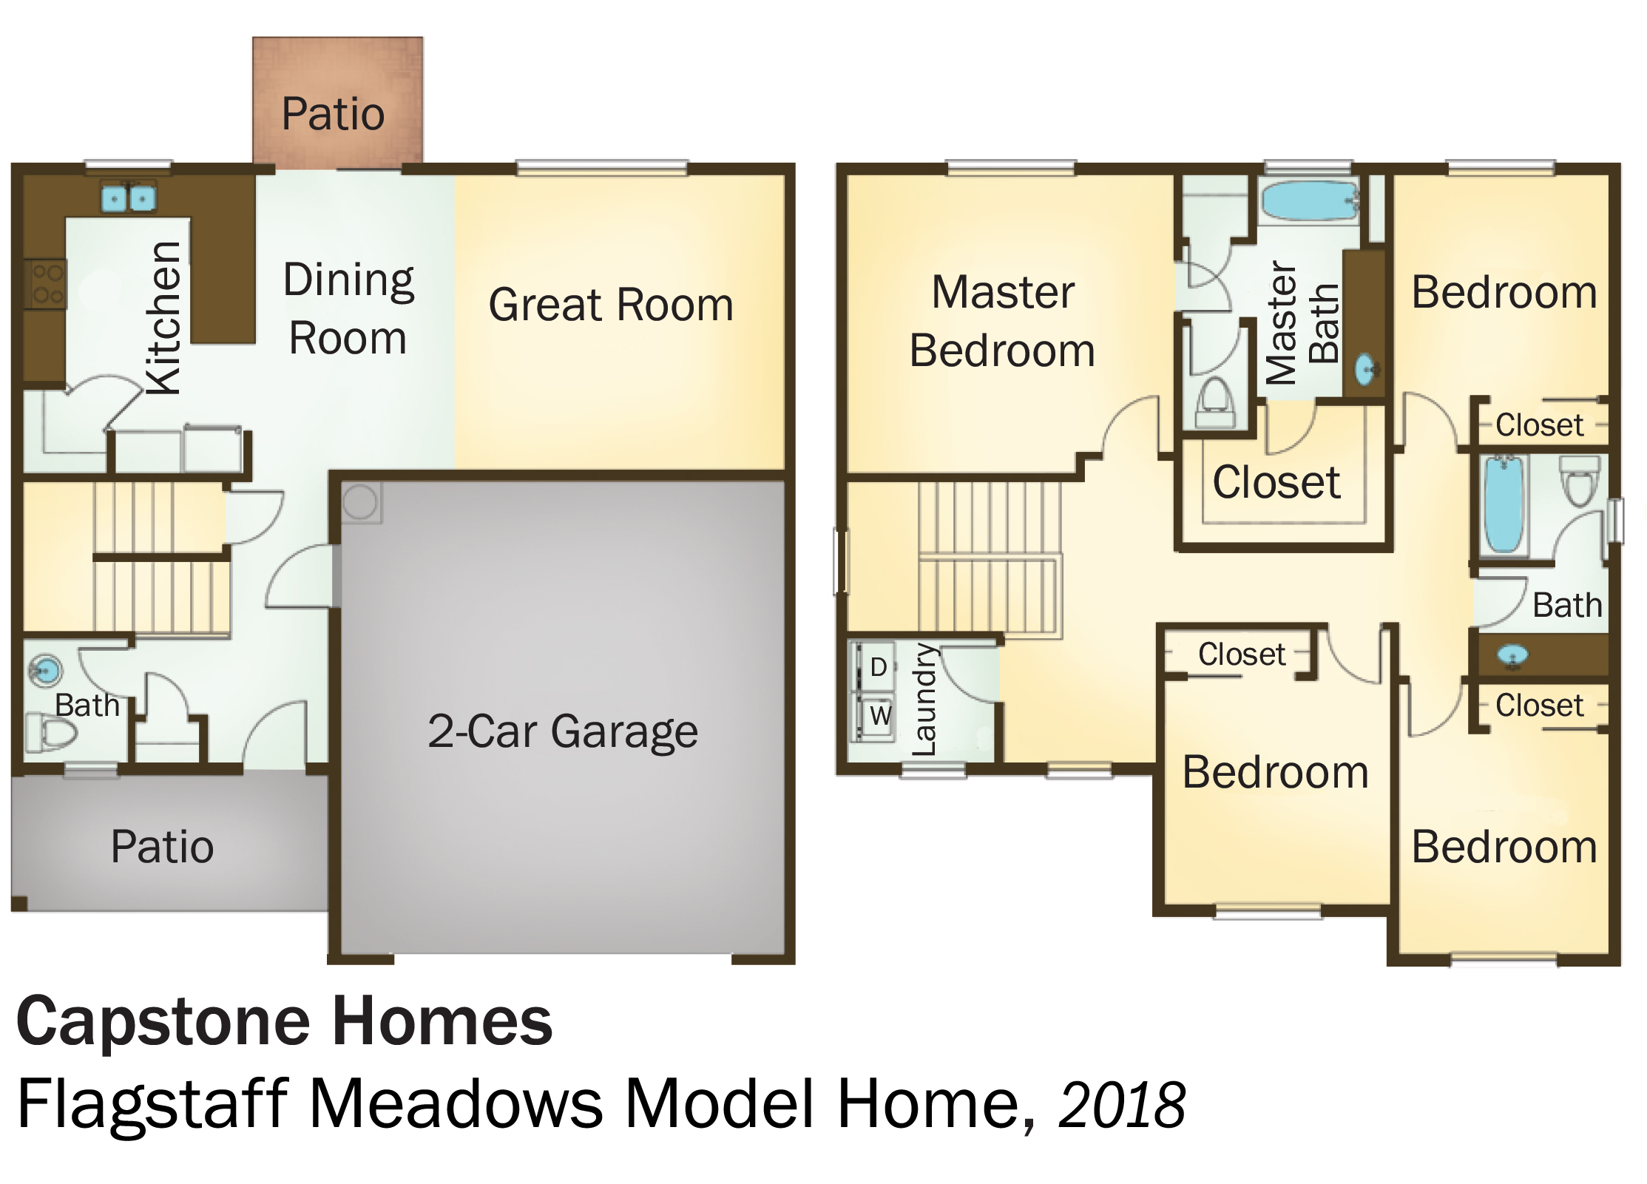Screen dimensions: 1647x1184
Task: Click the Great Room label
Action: (611, 305)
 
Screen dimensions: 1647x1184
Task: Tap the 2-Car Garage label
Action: (563, 731)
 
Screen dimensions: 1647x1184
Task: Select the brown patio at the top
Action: (338, 101)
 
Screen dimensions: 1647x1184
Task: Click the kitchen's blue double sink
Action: (129, 197)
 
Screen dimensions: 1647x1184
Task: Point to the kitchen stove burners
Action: (48, 284)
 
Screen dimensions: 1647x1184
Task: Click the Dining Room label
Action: (348, 308)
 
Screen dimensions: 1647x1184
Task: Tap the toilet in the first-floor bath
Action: (51, 733)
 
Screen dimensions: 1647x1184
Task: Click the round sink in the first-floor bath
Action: (46, 671)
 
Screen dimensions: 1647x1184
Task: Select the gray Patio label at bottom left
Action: (162, 847)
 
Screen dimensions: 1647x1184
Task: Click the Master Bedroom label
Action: (1002, 321)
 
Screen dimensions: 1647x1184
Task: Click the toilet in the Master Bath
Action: (1215, 403)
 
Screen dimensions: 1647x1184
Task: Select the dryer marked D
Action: (877, 667)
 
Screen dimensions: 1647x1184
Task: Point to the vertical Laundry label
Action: (924, 700)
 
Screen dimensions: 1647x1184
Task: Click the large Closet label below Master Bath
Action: (1276, 483)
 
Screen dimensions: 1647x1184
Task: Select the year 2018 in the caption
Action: (1122, 1105)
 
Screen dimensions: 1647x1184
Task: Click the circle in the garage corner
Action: (360, 501)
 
